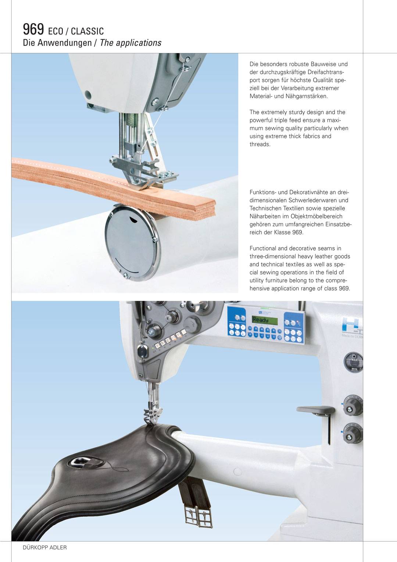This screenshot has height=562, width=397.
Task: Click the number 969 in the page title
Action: (33, 29)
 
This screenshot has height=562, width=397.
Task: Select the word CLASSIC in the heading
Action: (87, 31)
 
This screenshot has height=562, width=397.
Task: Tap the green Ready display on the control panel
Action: (265, 320)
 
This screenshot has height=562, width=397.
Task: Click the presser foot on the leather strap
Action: (144, 173)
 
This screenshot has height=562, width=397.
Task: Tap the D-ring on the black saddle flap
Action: (79, 461)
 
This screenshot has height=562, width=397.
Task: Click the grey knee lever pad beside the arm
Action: (315, 410)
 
